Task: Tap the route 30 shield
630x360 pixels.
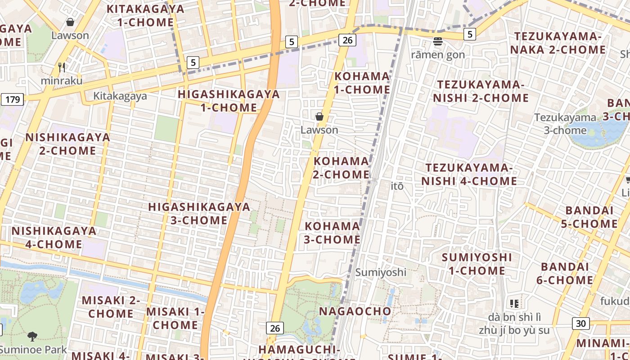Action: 581,323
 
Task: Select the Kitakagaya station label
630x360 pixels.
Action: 120,96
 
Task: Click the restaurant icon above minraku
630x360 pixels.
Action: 62,67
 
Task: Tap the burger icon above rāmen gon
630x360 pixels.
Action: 438,42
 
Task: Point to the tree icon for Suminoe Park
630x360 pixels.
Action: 32,336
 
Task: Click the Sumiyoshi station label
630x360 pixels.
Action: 381,272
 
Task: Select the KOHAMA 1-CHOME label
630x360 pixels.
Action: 362,83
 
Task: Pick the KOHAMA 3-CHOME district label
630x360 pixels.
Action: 332,233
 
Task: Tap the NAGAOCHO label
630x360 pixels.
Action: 355,311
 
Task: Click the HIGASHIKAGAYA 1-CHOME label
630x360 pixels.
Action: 229,101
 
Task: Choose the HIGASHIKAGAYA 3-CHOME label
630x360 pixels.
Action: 199,213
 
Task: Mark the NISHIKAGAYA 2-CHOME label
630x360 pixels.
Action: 67,144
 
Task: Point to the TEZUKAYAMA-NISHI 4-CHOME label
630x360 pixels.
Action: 469,174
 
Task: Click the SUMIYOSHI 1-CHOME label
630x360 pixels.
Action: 477,264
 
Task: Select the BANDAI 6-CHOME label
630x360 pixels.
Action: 564,273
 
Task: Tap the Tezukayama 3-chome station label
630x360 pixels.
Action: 565,124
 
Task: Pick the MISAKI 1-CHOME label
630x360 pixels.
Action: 175,318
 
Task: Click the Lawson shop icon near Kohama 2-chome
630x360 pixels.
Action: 319,117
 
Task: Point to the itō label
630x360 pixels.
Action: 397,186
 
